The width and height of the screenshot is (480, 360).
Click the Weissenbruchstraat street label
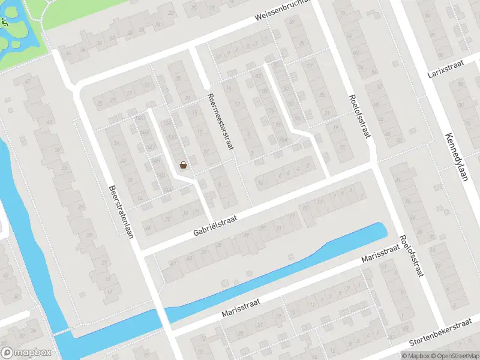click(x=284, y=11)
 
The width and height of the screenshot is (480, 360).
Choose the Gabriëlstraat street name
click(x=215, y=226)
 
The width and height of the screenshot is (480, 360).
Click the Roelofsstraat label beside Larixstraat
click(x=358, y=115)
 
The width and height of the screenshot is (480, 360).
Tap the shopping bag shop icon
click(x=183, y=164)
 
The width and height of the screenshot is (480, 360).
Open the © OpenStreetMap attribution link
click(x=454, y=356)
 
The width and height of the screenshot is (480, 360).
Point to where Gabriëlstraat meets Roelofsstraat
click(x=374, y=167)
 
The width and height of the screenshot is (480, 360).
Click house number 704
click(x=283, y=140)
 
